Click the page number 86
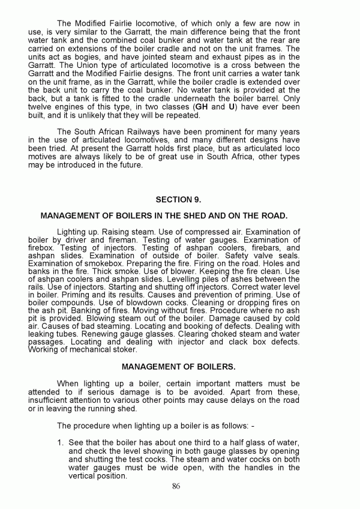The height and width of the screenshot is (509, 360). (x=176, y=487)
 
